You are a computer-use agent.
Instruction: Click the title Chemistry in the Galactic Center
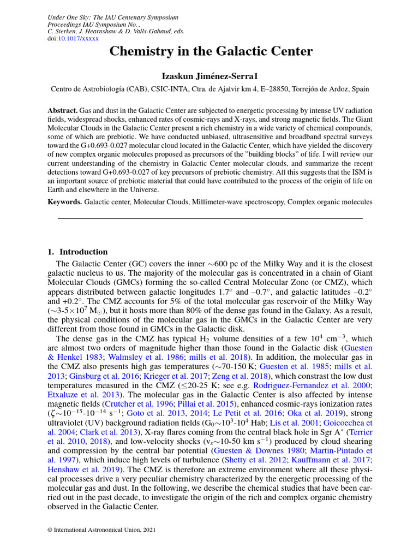(211, 52)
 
